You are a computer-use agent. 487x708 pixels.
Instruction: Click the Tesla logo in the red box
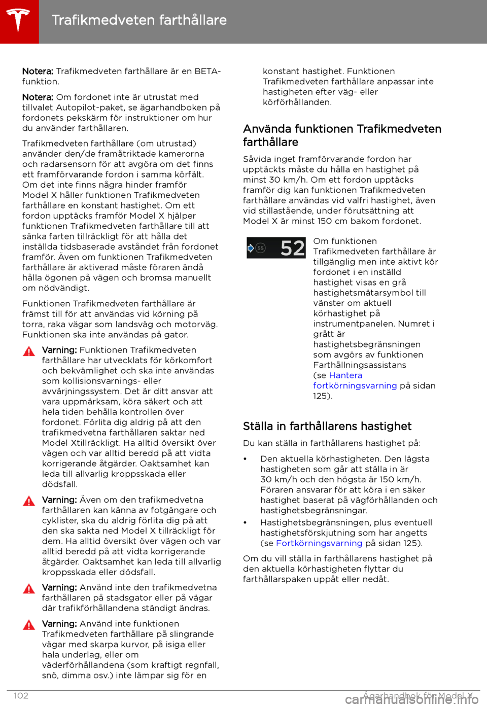click(19, 20)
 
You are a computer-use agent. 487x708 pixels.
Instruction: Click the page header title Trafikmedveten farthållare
click(139, 20)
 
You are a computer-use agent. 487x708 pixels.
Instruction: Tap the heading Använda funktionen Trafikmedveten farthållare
click(342, 135)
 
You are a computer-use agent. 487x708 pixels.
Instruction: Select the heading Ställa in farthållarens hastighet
click(327, 426)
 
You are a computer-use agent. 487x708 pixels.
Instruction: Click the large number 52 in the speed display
click(293, 248)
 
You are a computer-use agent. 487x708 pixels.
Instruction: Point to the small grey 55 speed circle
click(261, 248)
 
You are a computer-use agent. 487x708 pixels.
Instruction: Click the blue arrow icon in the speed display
click(251, 248)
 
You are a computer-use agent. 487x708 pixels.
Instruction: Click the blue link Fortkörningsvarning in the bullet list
click(319, 543)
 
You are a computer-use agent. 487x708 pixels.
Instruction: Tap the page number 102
click(21, 696)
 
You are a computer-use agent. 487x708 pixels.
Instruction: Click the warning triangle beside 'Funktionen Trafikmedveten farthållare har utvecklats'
click(29, 351)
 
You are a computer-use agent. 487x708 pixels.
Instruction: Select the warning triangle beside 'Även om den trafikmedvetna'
click(29, 501)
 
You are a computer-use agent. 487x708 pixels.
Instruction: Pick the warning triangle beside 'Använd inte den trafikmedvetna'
click(29, 589)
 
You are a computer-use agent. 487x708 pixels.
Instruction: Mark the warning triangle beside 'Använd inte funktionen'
click(29, 625)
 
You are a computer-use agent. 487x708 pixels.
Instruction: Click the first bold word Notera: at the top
click(38, 72)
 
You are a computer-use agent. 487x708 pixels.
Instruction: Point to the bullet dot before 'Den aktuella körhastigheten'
click(246, 459)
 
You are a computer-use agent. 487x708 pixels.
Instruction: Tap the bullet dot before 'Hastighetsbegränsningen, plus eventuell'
click(246, 523)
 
